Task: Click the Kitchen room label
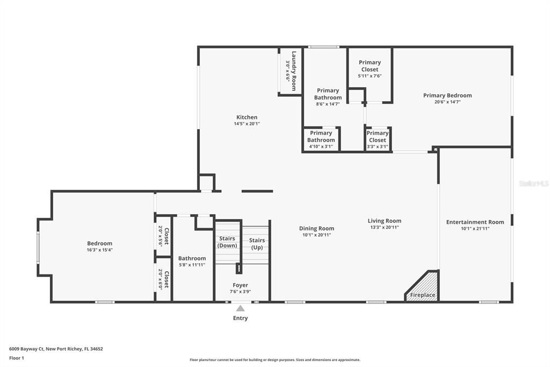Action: coord(247,117)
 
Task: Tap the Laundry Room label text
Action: coord(294,66)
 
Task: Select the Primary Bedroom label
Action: coord(447,96)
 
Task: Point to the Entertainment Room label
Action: coord(475,222)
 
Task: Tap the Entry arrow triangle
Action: coord(240,308)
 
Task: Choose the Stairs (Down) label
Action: coord(227,242)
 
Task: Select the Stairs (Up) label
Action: coord(257,244)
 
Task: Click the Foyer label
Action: coord(240,285)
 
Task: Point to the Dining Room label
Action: coord(316,228)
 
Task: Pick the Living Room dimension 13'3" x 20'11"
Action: coord(384,228)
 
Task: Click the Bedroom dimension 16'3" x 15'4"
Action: coord(99,250)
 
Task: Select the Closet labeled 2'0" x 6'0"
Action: coord(163,280)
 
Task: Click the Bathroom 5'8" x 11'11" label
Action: coord(192,258)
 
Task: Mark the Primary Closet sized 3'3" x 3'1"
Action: coord(377,136)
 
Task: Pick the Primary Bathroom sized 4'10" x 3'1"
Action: coord(321,136)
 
